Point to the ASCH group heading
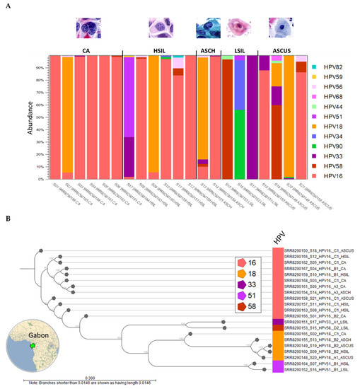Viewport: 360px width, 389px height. (209, 52)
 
